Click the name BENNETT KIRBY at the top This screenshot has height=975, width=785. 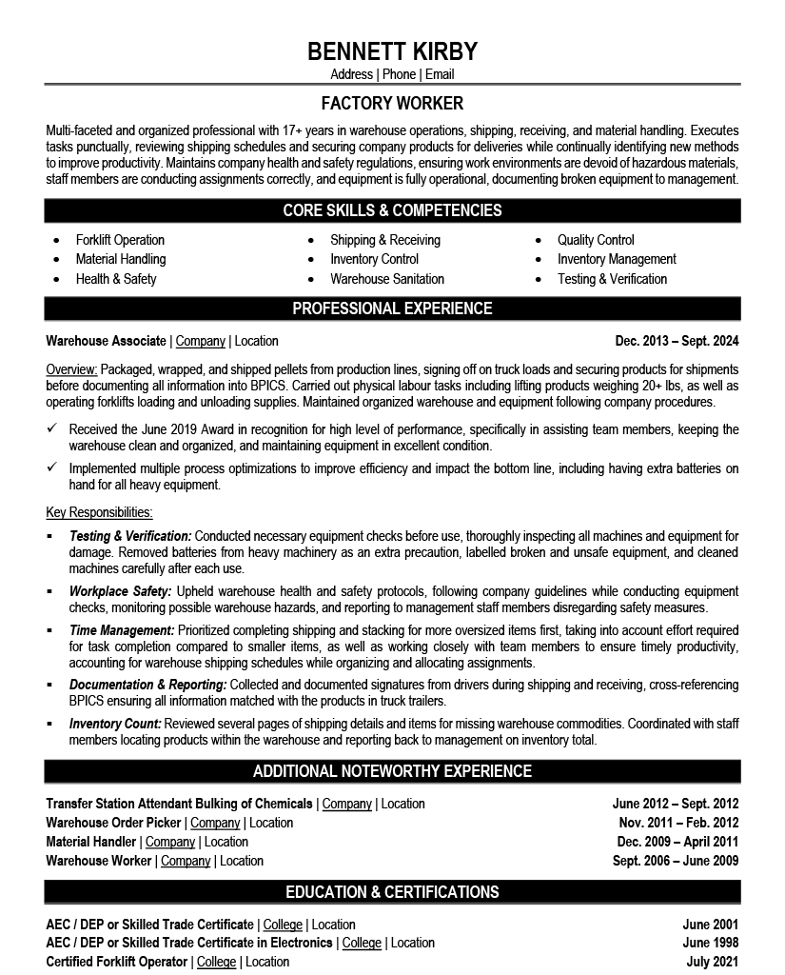[x=392, y=50]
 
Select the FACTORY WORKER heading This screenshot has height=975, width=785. [x=392, y=103]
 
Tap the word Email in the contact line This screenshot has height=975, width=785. [x=440, y=74]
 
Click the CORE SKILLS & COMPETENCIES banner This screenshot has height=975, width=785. [x=392, y=210]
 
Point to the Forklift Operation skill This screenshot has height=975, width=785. [x=120, y=240]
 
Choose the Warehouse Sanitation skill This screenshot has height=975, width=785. [x=387, y=279]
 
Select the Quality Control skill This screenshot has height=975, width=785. [x=596, y=240]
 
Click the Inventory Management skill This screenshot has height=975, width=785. [x=617, y=259]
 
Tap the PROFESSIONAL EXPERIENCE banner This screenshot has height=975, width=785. [x=392, y=308]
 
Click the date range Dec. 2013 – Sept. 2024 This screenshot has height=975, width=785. [x=677, y=341]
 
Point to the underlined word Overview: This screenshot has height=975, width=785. [x=71, y=369]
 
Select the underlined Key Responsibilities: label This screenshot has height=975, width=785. [x=99, y=512]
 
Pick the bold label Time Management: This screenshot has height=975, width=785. [x=122, y=630]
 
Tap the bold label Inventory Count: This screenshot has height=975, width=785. [x=115, y=724]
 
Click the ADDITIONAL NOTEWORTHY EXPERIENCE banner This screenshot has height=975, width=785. [x=392, y=771]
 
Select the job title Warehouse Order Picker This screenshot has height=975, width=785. [x=114, y=823]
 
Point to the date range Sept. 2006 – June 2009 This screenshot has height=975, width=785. [x=676, y=861]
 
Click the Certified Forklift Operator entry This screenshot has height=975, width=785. [x=118, y=962]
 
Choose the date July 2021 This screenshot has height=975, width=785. [x=712, y=962]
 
